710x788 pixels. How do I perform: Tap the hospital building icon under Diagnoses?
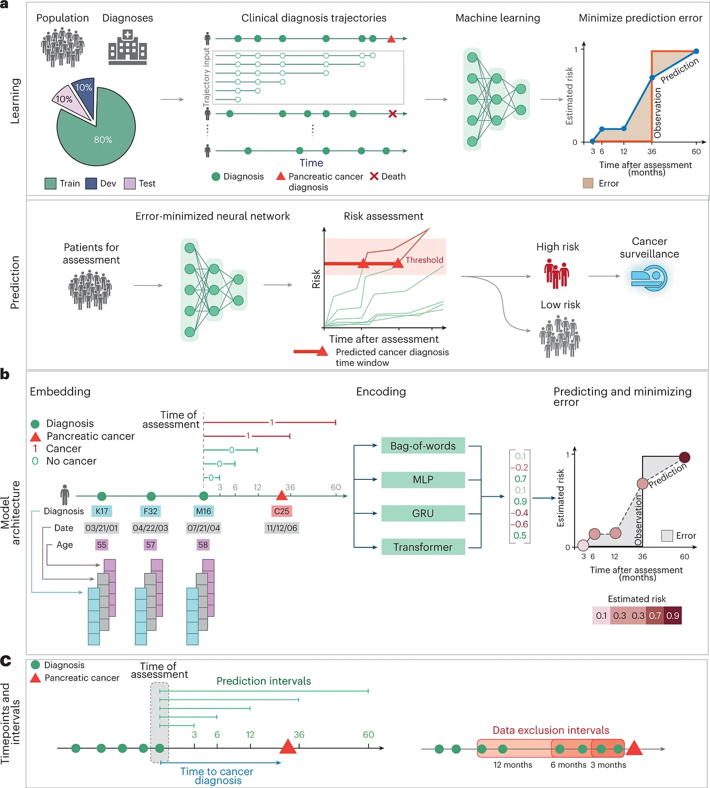click(128, 47)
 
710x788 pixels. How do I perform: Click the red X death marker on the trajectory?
click(392, 114)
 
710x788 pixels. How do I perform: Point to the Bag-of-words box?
click(423, 445)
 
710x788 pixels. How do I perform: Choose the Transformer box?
click(423, 547)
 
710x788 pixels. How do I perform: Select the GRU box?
click(423, 513)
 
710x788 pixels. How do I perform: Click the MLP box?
click(423, 479)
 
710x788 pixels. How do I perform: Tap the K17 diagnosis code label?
click(102, 511)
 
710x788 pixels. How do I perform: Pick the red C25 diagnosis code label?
click(282, 511)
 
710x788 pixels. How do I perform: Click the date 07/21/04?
click(203, 528)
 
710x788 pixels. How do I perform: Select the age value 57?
click(151, 545)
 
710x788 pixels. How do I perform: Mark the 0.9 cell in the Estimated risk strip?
click(672, 615)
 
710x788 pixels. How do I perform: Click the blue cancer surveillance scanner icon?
click(649, 278)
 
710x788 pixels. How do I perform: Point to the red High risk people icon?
click(556, 274)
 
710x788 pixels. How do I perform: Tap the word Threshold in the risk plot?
click(424, 260)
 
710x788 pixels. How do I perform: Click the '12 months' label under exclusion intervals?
click(512, 765)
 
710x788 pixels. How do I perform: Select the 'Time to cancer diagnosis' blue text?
click(217, 776)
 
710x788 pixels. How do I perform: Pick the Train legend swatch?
click(50, 184)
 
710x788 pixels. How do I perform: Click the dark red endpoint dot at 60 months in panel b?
click(684, 457)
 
